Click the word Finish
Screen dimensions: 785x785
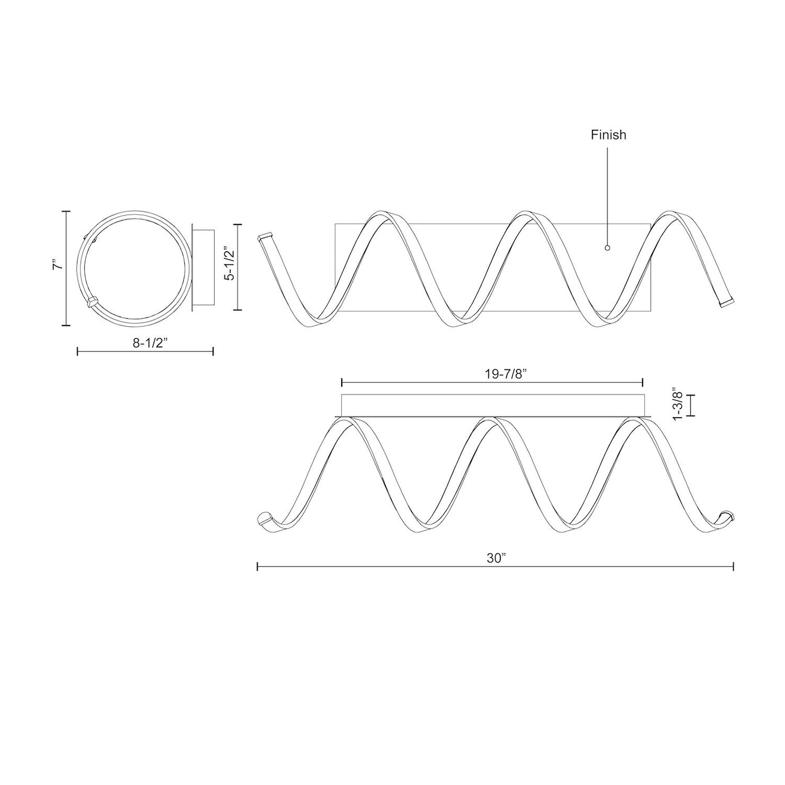[x=608, y=135]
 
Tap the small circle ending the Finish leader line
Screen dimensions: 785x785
[x=607, y=248]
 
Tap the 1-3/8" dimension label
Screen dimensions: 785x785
[x=676, y=404]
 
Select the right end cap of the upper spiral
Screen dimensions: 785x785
[x=726, y=302]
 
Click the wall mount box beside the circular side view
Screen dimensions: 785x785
[x=204, y=268]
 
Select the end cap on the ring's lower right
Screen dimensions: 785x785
[x=92, y=301]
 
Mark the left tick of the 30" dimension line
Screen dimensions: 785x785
[x=257, y=567]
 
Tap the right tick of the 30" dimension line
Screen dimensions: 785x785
[x=733, y=567]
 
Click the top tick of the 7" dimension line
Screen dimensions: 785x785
[x=66, y=211]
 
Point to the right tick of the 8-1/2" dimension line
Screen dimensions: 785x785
[x=213, y=351]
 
